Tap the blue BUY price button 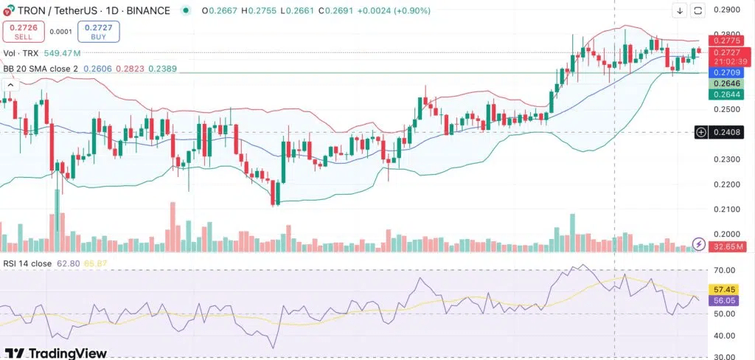pos(98,31)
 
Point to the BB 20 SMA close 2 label pos(40,67)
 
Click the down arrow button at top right pos(679,10)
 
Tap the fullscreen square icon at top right pos(697,10)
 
